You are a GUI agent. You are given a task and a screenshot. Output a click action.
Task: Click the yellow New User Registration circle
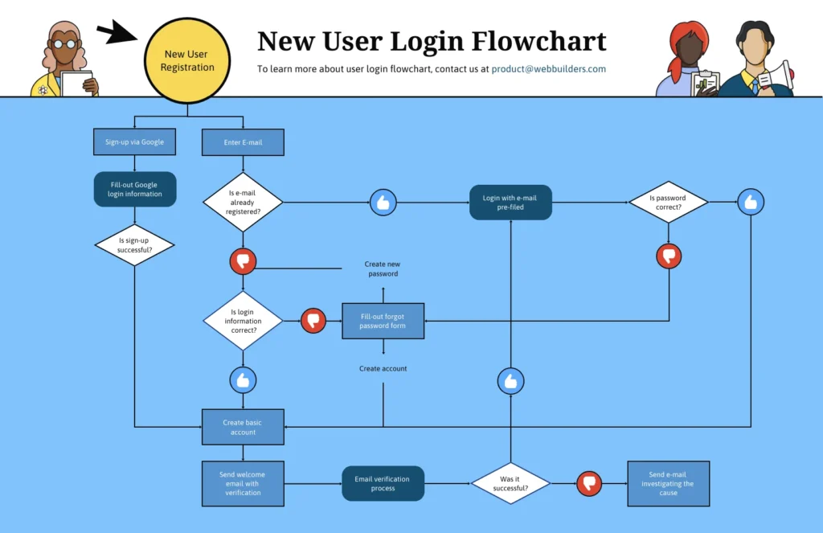(187, 61)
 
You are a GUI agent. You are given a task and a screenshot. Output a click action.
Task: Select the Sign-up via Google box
(134, 142)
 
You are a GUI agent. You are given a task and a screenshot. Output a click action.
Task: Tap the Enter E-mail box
(243, 142)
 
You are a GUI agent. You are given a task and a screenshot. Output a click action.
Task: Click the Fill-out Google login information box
(135, 189)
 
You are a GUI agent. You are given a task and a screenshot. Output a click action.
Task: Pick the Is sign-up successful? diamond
(135, 244)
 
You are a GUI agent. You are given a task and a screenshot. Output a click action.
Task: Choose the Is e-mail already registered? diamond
(243, 202)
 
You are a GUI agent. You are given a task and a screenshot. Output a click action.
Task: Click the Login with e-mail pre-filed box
(510, 203)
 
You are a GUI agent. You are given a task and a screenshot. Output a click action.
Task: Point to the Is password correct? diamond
(668, 202)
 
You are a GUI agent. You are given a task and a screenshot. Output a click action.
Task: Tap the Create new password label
(383, 269)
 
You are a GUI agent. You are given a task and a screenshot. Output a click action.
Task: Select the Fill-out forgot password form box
(383, 321)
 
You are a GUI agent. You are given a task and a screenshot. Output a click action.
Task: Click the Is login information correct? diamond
(243, 321)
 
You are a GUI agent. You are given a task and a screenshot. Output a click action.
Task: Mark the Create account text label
(383, 368)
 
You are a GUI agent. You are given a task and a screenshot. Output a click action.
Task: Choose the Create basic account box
(242, 427)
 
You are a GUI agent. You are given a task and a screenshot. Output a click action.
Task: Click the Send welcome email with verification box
(242, 483)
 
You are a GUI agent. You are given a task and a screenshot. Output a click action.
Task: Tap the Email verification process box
(383, 483)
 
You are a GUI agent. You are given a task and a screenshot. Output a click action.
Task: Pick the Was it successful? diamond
(510, 483)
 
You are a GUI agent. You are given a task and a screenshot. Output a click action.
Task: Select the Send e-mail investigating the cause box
(668, 483)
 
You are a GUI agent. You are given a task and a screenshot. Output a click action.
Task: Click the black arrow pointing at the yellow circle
(116, 33)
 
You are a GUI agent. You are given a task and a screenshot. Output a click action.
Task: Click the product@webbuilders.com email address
(548, 69)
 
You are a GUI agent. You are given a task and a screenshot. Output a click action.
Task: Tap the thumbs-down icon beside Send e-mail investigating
(589, 482)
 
